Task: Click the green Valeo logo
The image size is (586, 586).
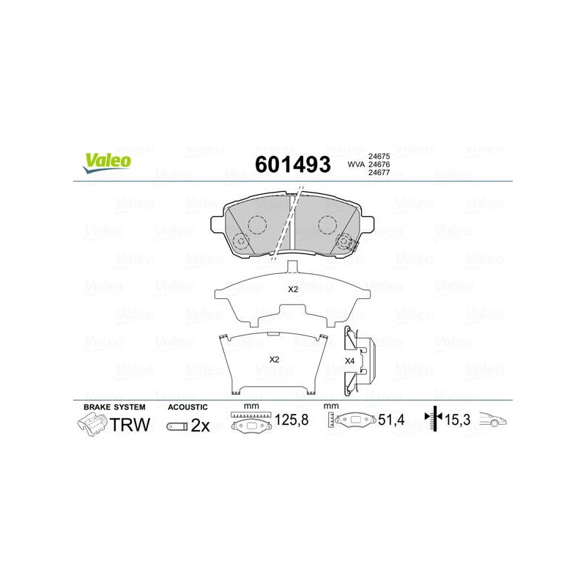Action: (x=107, y=163)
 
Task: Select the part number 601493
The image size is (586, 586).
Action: (x=292, y=164)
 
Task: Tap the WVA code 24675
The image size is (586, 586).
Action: (x=379, y=156)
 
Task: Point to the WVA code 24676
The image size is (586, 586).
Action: (x=379, y=164)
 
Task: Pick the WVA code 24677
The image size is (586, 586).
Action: (x=379, y=173)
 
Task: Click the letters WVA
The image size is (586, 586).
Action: (x=356, y=164)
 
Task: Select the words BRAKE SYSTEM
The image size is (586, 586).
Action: (x=114, y=407)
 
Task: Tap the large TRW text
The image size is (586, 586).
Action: (x=130, y=425)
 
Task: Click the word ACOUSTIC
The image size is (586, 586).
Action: (x=188, y=407)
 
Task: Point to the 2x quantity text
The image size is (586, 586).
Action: (x=200, y=426)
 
